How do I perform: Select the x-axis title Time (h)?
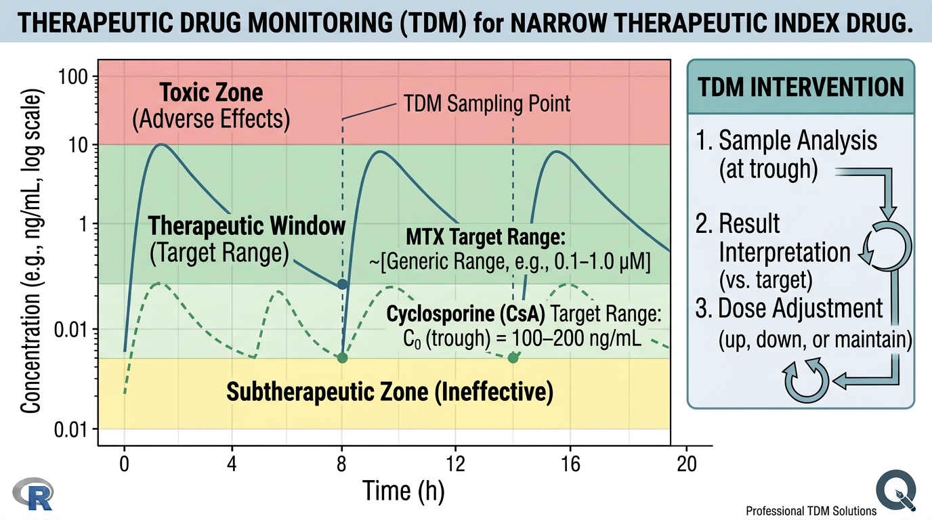(404, 490)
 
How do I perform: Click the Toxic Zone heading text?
(211, 92)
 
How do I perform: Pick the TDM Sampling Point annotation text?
(486, 104)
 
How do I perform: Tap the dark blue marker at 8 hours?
(343, 284)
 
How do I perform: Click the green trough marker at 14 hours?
(513, 357)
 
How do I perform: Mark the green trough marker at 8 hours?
(343, 357)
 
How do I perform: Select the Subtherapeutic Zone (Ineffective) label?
(389, 391)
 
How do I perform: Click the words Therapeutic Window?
(247, 225)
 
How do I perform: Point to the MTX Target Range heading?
(485, 238)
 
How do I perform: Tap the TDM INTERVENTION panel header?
(801, 87)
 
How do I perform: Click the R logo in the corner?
(32, 494)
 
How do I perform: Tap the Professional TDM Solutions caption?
(811, 511)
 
